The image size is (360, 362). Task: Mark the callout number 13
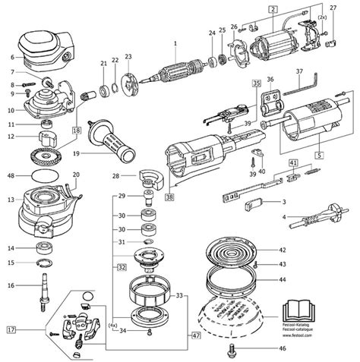point(11,200)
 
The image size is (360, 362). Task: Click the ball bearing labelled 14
point(47,248)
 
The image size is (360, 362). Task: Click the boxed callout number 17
point(11,331)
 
